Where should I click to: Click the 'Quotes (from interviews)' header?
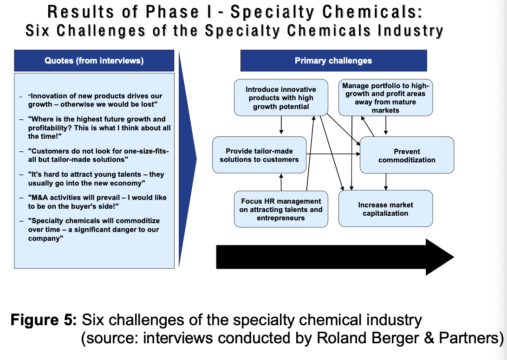pyautogui.click(x=94, y=60)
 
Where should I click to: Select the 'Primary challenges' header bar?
pyautogui.click(x=333, y=60)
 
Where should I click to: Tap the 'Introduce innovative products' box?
pyautogui.click(x=280, y=97)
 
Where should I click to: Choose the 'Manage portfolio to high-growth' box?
pyautogui.click(x=385, y=97)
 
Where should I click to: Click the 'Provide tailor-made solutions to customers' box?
pyautogui.click(x=260, y=155)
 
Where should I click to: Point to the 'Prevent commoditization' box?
pyautogui.click(x=407, y=155)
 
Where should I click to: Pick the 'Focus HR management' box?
pyautogui.click(x=281, y=209)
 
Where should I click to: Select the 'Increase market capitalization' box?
pyautogui.click(x=385, y=208)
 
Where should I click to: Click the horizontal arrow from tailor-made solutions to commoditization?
pyautogui.click(x=333, y=154)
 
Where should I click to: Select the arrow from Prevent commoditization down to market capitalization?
pyautogui.click(x=386, y=181)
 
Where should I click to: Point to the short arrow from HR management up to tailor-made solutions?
pyautogui.click(x=281, y=182)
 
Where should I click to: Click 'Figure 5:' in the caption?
pyautogui.click(x=44, y=320)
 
